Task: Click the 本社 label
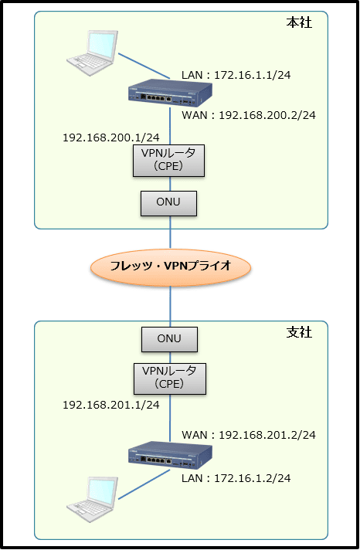(x=299, y=23)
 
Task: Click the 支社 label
(x=299, y=332)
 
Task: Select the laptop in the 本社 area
(x=92, y=53)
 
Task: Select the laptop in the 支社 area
(x=92, y=500)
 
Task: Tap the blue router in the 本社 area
(x=170, y=93)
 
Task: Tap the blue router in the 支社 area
(x=170, y=455)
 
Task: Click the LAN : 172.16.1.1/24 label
(x=236, y=75)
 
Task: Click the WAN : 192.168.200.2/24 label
(x=249, y=115)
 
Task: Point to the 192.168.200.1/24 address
(x=111, y=137)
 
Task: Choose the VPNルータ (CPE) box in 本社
(x=168, y=161)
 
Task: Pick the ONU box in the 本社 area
(x=168, y=203)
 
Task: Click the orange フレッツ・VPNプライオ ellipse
(x=171, y=267)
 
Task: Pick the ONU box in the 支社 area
(x=169, y=340)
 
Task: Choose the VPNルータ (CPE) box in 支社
(x=170, y=379)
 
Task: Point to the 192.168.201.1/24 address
(x=111, y=405)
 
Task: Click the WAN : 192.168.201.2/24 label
(x=249, y=435)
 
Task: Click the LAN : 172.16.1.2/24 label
(x=236, y=478)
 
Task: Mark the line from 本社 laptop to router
(x=144, y=66)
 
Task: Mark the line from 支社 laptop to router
(x=144, y=484)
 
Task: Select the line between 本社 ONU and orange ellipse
(x=171, y=233)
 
